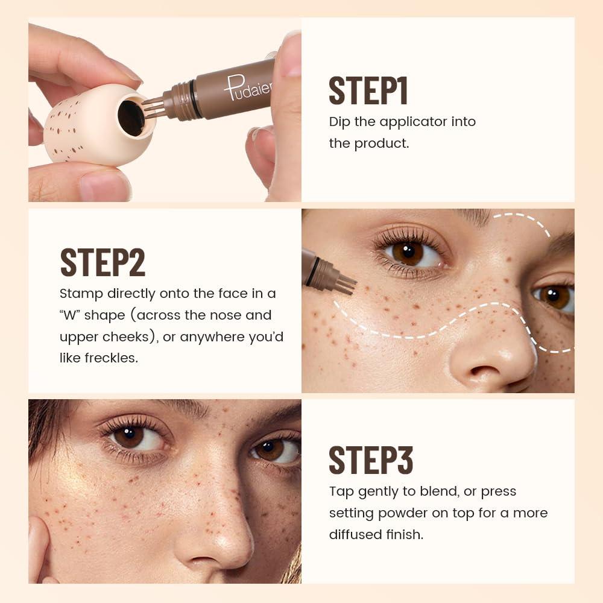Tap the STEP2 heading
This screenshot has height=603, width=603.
coord(103,262)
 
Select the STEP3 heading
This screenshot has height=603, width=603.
coord(371,461)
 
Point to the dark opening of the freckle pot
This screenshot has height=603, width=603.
coord(131,118)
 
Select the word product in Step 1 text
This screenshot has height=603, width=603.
coord(385,144)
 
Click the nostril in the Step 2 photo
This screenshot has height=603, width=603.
coord(483,372)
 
